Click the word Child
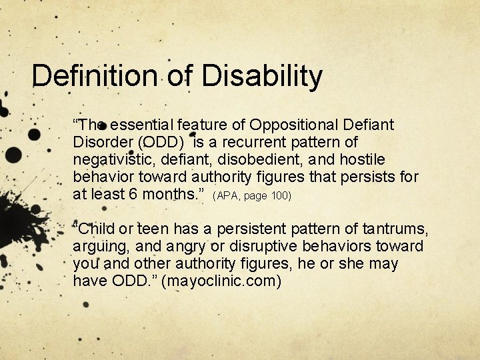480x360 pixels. coord(98,229)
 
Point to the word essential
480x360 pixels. coord(139,125)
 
